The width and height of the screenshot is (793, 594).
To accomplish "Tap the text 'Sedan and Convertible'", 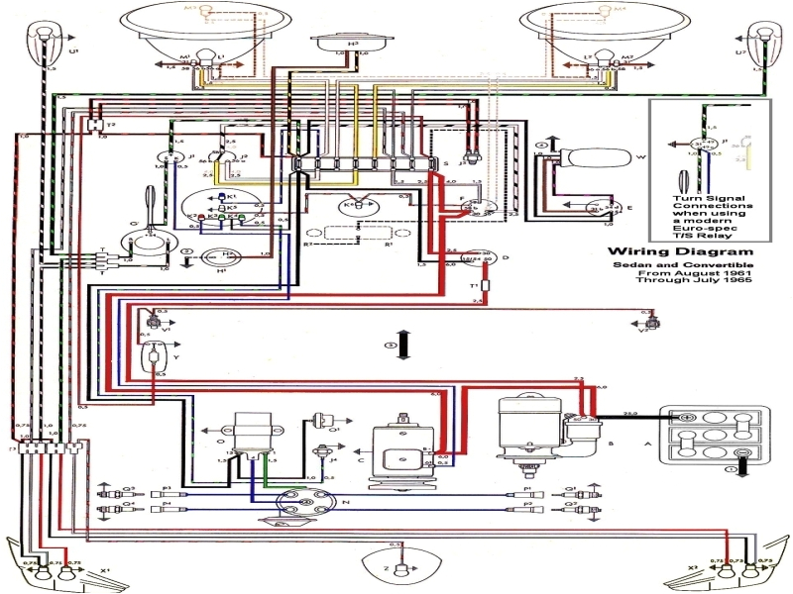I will point(680,265).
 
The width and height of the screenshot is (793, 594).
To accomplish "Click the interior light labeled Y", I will point(157,358).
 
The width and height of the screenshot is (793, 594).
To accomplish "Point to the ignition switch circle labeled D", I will point(483,258).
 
